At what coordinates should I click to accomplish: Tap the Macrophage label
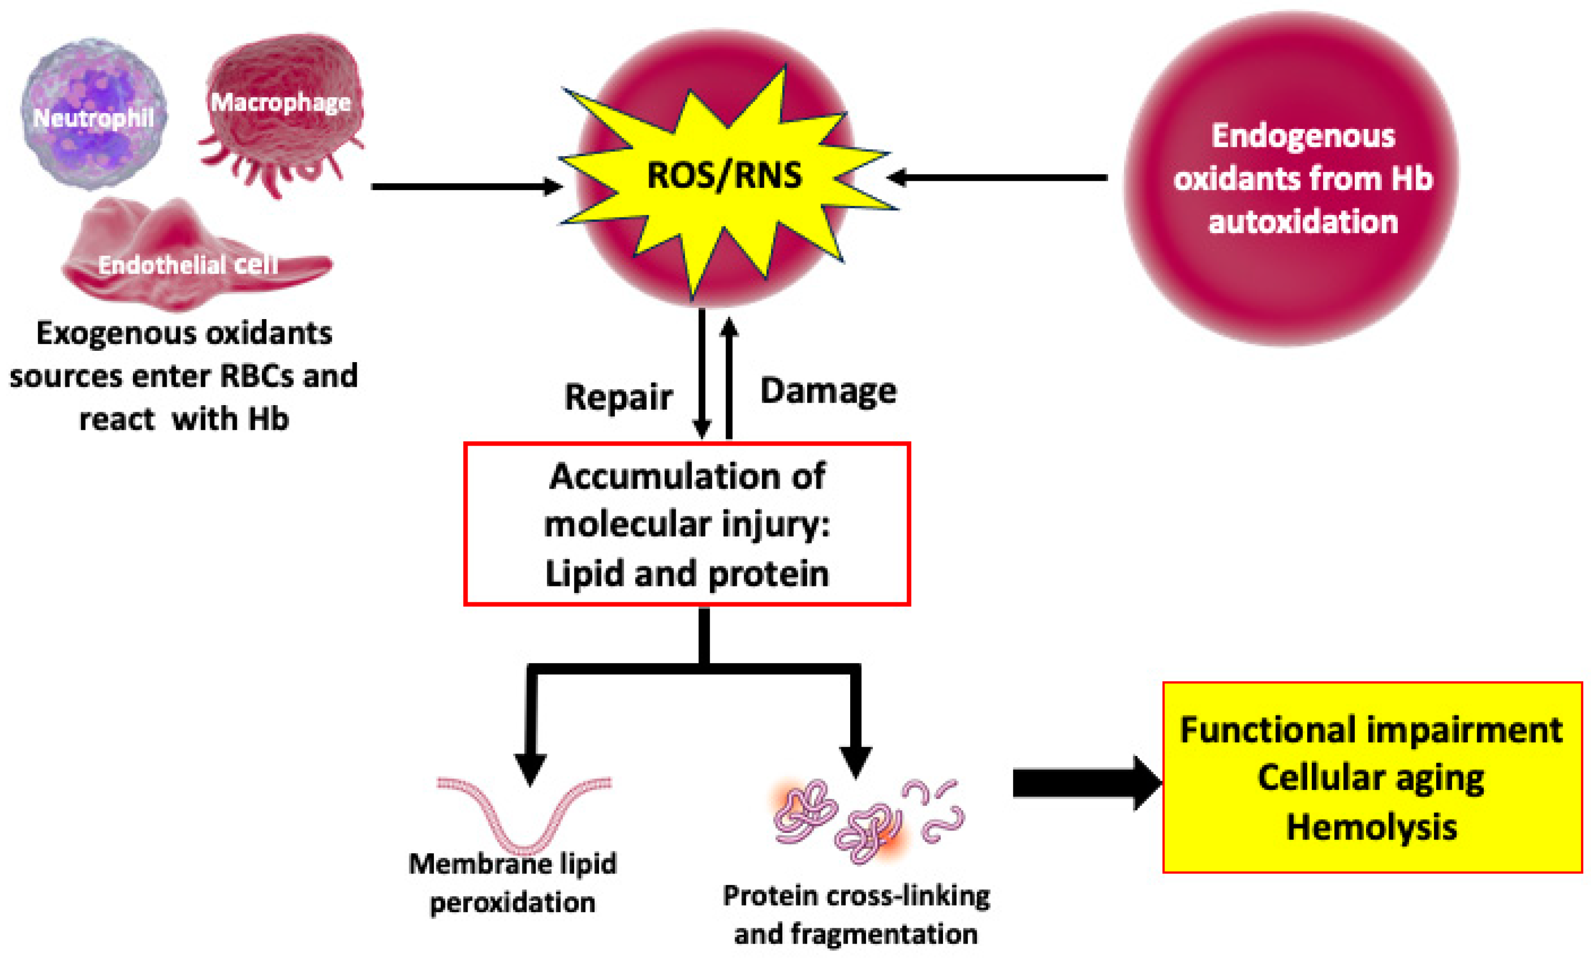pyautogui.click(x=281, y=102)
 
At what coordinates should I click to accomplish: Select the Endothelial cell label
pyautogui.click(x=187, y=265)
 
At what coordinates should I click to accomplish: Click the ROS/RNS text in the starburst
pyautogui.click(x=725, y=175)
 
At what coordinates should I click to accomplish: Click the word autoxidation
pyautogui.click(x=1303, y=222)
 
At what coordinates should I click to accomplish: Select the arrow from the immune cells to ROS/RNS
pyautogui.click(x=465, y=187)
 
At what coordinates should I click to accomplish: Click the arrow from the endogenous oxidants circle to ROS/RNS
pyautogui.click(x=997, y=177)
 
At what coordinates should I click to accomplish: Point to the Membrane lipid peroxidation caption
pyautogui.click(x=513, y=883)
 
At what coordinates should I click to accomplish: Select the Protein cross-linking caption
pyautogui.click(x=856, y=897)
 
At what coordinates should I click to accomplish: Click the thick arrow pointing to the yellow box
pyautogui.click(x=1085, y=783)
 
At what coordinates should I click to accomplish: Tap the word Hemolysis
pyautogui.click(x=1372, y=827)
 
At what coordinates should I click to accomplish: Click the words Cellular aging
pyautogui.click(x=1372, y=778)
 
